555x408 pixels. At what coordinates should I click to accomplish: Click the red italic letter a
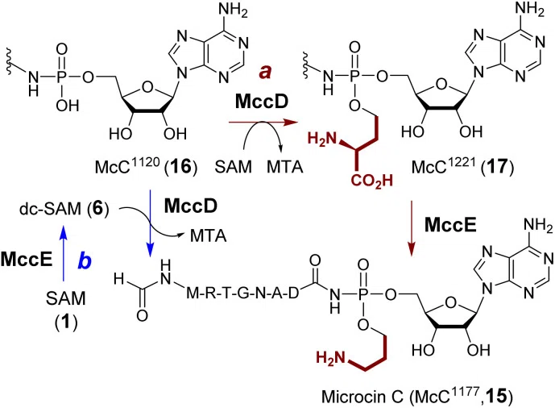click(266, 73)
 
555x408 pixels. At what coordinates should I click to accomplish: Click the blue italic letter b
click(85, 261)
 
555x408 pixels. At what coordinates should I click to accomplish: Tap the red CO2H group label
click(372, 181)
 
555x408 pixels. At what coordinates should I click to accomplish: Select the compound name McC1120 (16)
click(146, 166)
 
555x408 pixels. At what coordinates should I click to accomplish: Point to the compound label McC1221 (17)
click(462, 166)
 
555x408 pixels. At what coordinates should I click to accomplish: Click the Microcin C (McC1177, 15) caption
click(417, 395)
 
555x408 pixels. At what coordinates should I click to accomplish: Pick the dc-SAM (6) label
click(64, 209)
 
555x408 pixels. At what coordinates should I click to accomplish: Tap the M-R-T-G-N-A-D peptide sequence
click(242, 294)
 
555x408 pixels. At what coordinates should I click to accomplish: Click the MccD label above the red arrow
click(262, 102)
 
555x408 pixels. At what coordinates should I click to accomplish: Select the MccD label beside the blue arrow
click(191, 206)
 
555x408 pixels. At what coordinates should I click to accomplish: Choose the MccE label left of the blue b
click(27, 260)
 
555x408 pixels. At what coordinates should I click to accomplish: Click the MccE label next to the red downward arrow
click(450, 224)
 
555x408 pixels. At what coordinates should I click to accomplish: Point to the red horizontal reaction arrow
click(263, 123)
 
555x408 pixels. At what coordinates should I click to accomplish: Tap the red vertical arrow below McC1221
click(412, 228)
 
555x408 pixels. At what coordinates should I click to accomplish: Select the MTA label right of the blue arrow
click(208, 235)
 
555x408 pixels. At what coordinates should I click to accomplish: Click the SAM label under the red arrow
click(234, 166)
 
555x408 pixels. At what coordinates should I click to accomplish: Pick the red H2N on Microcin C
click(330, 358)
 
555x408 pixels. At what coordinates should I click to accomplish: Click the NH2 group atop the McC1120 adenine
click(233, 10)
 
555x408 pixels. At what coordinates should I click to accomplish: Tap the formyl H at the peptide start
click(120, 280)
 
